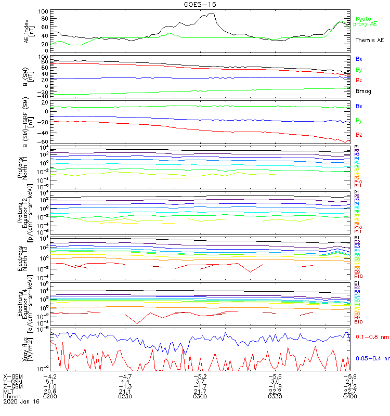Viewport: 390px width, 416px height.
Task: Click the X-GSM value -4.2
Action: tap(50, 376)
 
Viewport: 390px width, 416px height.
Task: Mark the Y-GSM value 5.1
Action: tap(50, 381)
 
